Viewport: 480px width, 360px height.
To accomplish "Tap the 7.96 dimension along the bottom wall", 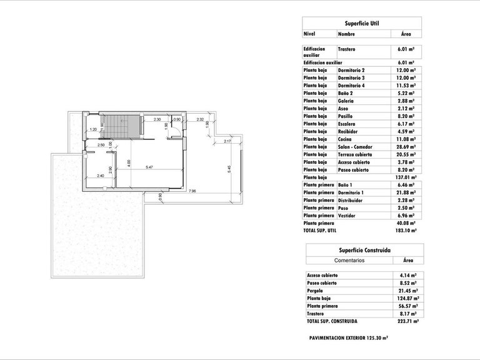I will tap(192, 191).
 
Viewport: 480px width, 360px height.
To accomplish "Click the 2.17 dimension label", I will tap(227, 141).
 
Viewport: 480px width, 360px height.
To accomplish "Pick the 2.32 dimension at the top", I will tap(200, 119).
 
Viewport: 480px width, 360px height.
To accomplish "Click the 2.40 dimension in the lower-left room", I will tap(100, 176).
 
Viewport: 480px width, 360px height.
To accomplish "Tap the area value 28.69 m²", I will tap(406, 146).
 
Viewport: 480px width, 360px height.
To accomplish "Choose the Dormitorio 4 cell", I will tap(351, 86).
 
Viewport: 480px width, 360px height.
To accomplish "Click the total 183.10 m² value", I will tap(406, 231).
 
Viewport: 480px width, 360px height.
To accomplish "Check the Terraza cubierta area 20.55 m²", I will tap(406, 154).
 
